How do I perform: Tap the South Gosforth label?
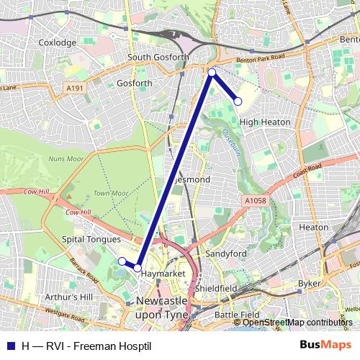point(158,57)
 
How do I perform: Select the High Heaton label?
point(265,122)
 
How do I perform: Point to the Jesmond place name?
point(192,179)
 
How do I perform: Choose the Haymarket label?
point(158,274)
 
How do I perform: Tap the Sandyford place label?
point(226,254)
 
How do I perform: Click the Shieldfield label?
point(216,288)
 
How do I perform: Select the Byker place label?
point(309,284)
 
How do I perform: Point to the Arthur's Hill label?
point(68,297)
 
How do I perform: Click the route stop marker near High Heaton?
point(238,102)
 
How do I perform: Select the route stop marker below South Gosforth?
point(211,72)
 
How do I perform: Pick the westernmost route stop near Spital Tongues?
point(122,261)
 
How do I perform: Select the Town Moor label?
point(110,193)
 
